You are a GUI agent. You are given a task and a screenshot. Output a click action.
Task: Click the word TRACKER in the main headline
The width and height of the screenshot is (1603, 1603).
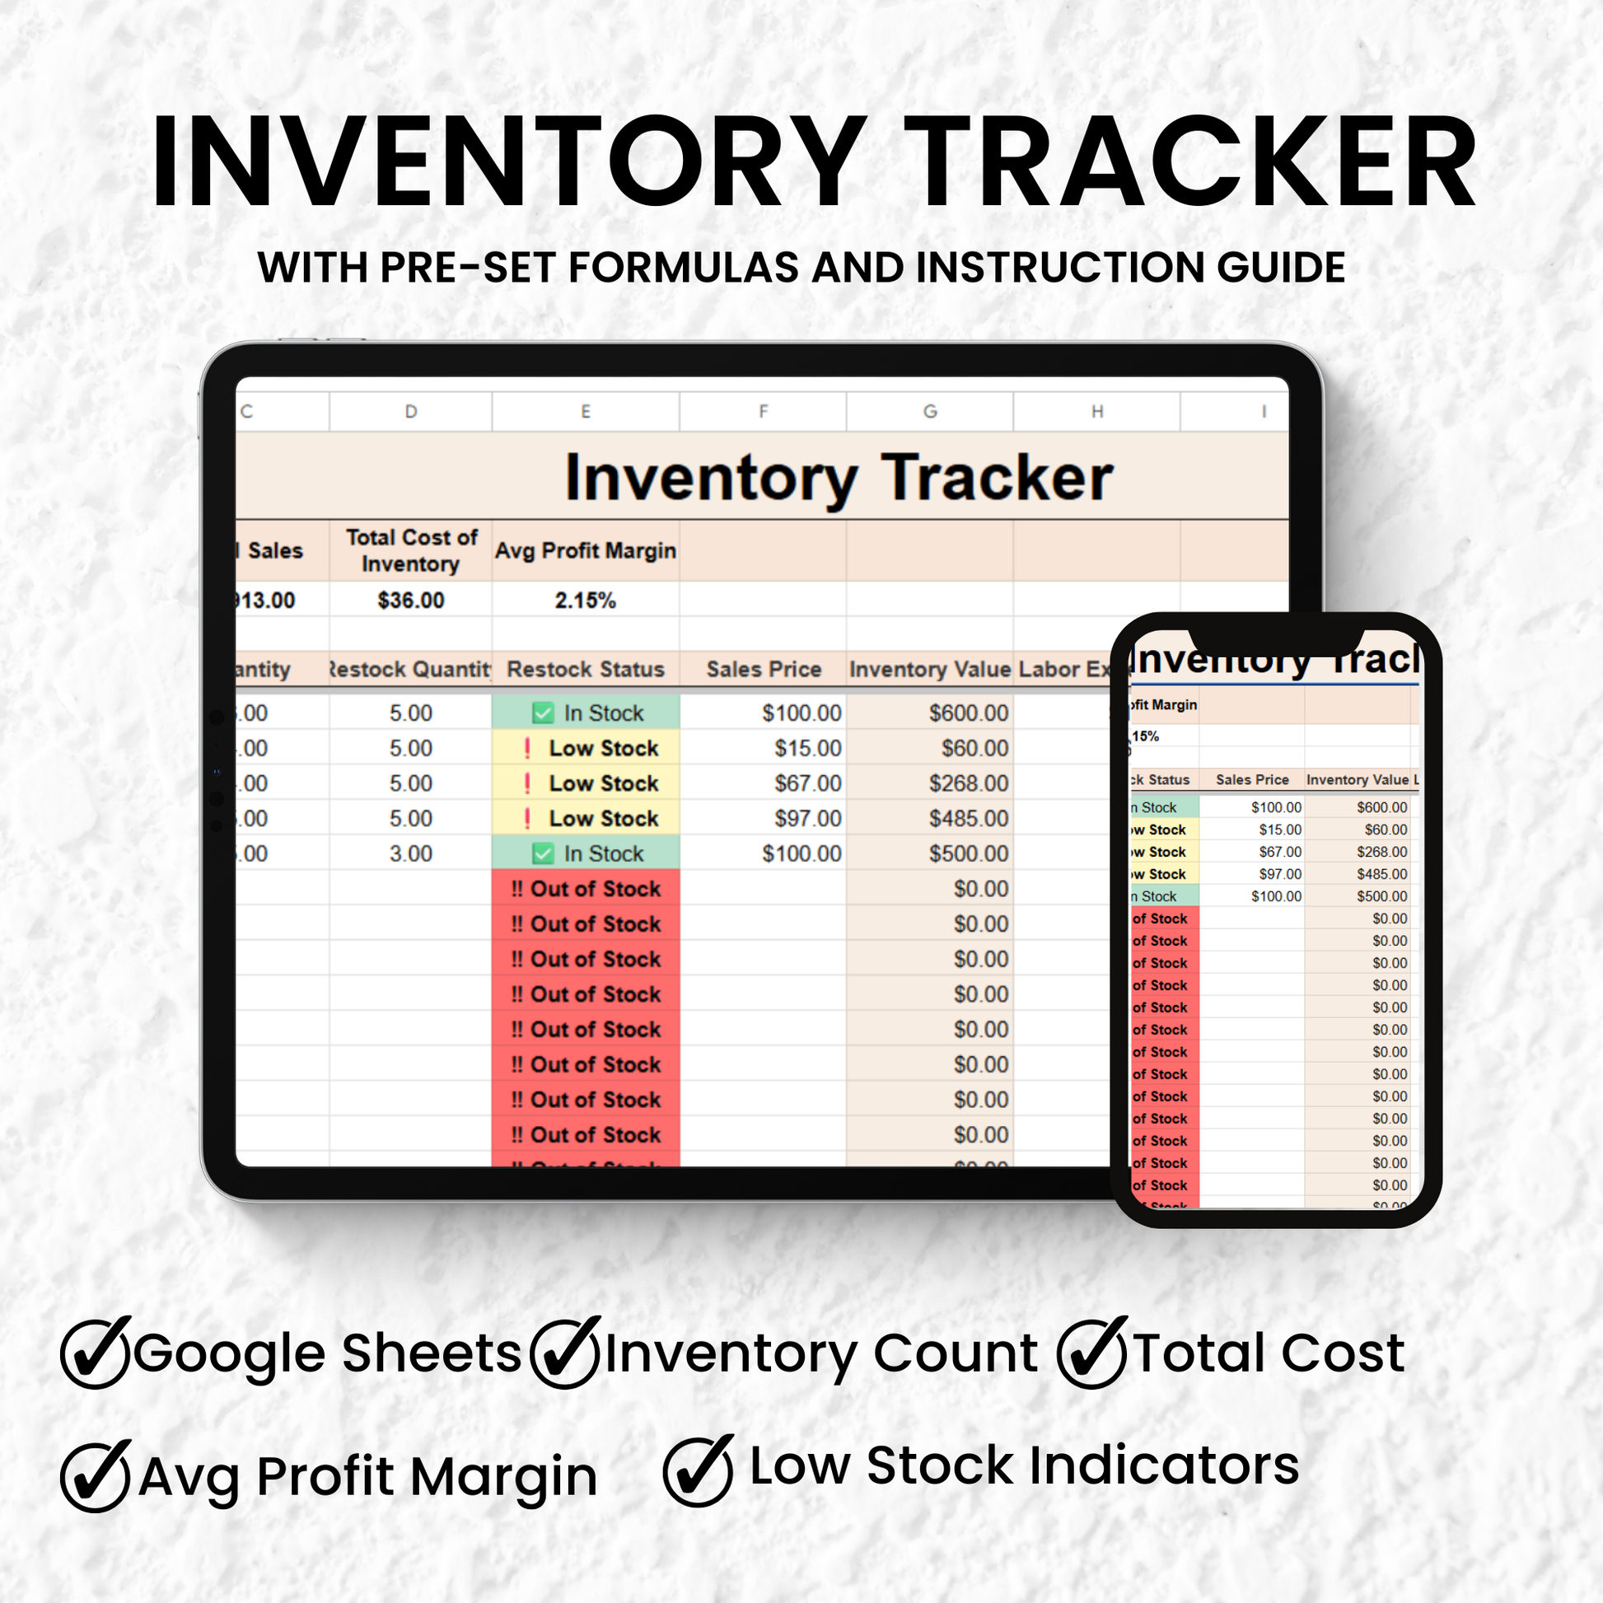[1191, 162]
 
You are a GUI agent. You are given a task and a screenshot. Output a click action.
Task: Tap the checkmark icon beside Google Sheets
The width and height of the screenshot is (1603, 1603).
[96, 1353]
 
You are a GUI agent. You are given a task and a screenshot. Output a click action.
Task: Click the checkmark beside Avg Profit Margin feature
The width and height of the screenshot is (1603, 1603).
[96, 1477]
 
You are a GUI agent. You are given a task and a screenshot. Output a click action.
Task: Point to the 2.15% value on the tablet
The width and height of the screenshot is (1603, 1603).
[585, 601]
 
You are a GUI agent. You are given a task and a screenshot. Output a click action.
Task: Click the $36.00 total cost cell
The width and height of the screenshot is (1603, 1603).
[411, 601]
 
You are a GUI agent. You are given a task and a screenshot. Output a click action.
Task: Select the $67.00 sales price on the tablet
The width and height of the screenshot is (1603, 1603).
[807, 783]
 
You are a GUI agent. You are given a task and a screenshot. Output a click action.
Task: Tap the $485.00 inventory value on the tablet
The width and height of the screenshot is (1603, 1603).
[968, 819]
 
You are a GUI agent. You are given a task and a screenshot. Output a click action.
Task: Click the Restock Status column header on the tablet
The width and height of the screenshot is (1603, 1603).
[585, 670]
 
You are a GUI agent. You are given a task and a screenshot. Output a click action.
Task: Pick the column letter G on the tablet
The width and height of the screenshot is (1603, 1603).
[930, 412]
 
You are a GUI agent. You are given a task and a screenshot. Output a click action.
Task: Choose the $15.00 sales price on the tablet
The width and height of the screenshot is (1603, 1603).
[807, 749]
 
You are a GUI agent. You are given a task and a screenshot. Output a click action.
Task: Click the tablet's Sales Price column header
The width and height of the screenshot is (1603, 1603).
[764, 670]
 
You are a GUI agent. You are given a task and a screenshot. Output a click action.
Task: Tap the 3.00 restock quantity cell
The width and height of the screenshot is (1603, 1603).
[411, 853]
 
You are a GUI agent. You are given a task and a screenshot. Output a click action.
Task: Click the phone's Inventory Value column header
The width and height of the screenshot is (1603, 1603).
[1358, 780]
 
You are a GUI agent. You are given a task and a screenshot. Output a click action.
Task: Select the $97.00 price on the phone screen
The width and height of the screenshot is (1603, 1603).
[1280, 875]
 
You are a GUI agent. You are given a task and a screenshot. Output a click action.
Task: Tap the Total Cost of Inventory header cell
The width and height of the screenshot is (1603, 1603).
[411, 551]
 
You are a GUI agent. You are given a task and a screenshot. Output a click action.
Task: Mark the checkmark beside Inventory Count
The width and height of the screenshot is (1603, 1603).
[565, 1353]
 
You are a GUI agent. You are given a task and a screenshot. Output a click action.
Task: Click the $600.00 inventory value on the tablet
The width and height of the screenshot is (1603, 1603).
[968, 713]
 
